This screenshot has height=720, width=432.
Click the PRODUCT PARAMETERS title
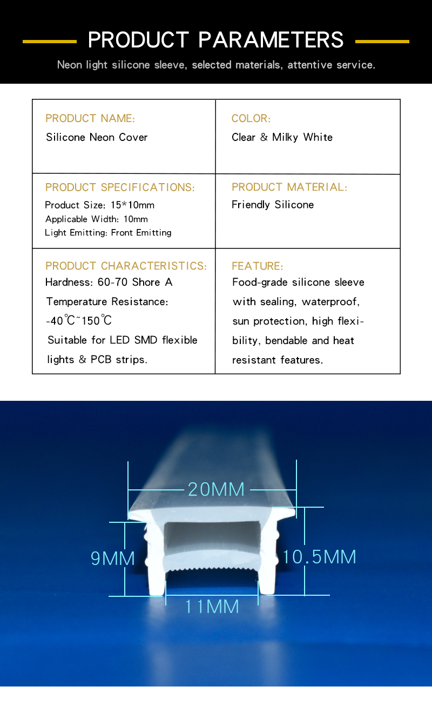click(216, 40)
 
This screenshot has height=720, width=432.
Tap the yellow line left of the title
click(50, 41)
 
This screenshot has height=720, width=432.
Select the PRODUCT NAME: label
click(90, 118)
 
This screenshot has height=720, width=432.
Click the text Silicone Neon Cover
click(97, 137)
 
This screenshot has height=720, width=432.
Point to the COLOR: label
click(251, 118)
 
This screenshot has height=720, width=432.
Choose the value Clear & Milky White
click(282, 137)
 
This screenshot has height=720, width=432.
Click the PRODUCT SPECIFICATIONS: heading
click(120, 187)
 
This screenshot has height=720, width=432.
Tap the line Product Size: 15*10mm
click(100, 205)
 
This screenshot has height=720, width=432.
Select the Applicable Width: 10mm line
click(97, 219)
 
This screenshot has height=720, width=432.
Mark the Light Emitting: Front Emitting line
click(108, 233)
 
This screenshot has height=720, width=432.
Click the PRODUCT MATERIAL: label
click(289, 187)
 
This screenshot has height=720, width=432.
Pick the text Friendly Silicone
click(273, 205)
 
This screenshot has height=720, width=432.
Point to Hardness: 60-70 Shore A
click(109, 282)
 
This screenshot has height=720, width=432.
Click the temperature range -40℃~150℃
click(79, 320)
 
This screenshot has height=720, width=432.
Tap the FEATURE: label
click(257, 266)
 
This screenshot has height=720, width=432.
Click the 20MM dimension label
click(216, 489)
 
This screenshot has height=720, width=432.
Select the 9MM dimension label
click(113, 558)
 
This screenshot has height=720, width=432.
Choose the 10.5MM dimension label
click(319, 557)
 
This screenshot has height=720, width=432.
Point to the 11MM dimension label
click(212, 607)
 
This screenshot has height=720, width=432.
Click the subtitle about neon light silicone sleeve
click(216, 65)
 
